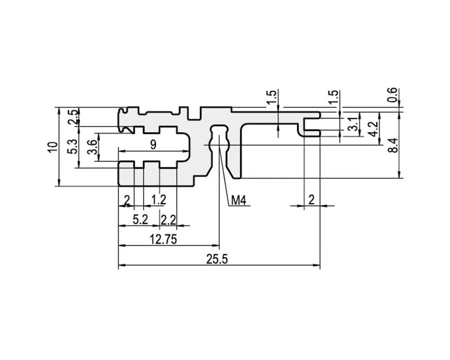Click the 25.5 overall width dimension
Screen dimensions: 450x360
pos(217,260)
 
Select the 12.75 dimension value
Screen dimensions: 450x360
pos(163,239)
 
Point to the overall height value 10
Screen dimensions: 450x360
pos(52,148)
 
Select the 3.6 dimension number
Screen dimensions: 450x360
pos(92,147)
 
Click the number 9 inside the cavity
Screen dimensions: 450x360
pos(153,145)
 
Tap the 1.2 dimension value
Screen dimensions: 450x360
pos(159,199)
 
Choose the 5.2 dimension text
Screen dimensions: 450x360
pos(140,220)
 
